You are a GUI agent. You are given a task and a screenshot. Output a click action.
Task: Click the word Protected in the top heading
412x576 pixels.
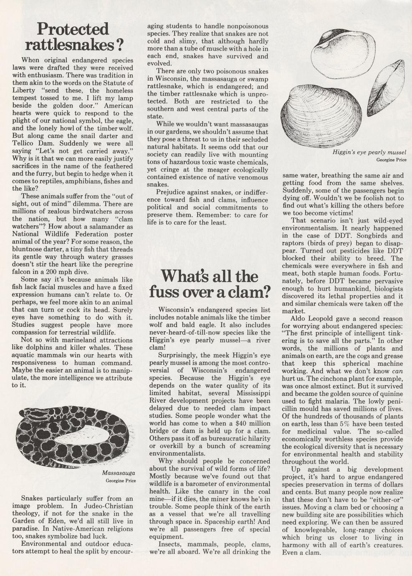tap(73, 29)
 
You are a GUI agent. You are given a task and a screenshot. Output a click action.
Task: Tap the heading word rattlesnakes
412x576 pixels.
tap(70, 44)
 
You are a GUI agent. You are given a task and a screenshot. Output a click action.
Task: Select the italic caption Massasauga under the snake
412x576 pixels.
tap(119, 473)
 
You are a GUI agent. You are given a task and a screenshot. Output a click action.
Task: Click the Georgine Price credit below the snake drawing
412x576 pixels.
tap(121, 480)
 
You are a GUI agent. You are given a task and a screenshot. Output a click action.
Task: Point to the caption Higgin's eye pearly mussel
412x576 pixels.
tap(369, 152)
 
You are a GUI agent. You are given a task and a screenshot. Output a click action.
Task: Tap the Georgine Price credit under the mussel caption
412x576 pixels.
tap(391, 160)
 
